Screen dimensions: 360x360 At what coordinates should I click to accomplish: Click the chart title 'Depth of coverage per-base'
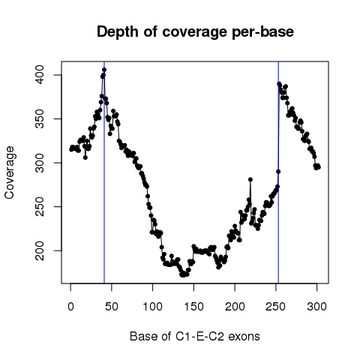[x=195, y=32]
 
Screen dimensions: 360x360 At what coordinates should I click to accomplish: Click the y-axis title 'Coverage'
[x=9, y=172]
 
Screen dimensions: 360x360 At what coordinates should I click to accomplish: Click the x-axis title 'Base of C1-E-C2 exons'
[x=195, y=336]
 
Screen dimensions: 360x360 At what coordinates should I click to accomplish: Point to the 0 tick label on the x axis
[x=70, y=307]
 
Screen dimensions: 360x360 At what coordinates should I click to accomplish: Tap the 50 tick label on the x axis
[x=112, y=307]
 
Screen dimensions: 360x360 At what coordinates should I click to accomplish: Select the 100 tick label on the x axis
[x=152, y=307]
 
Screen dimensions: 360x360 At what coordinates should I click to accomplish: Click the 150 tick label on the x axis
[x=193, y=307]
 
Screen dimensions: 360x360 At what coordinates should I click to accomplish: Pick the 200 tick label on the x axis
[x=235, y=307]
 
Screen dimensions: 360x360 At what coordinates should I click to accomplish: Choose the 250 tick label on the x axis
[x=275, y=307]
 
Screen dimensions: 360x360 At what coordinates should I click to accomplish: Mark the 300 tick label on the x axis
[x=316, y=307]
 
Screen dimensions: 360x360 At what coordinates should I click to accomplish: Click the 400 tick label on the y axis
[x=40, y=75]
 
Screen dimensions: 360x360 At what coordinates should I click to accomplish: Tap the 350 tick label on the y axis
[x=40, y=118]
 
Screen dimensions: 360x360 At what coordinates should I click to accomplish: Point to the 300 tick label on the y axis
[x=40, y=163]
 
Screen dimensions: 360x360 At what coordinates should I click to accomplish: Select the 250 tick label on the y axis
[x=40, y=206]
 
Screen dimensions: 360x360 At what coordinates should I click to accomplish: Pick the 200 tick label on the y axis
[x=40, y=250]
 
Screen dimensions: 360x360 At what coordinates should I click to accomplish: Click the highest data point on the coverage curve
[x=104, y=70]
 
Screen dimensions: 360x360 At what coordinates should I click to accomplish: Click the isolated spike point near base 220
[x=250, y=179]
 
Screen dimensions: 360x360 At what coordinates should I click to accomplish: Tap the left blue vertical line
[x=104, y=172]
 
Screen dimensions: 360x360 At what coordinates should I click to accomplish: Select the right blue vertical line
[x=278, y=172]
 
